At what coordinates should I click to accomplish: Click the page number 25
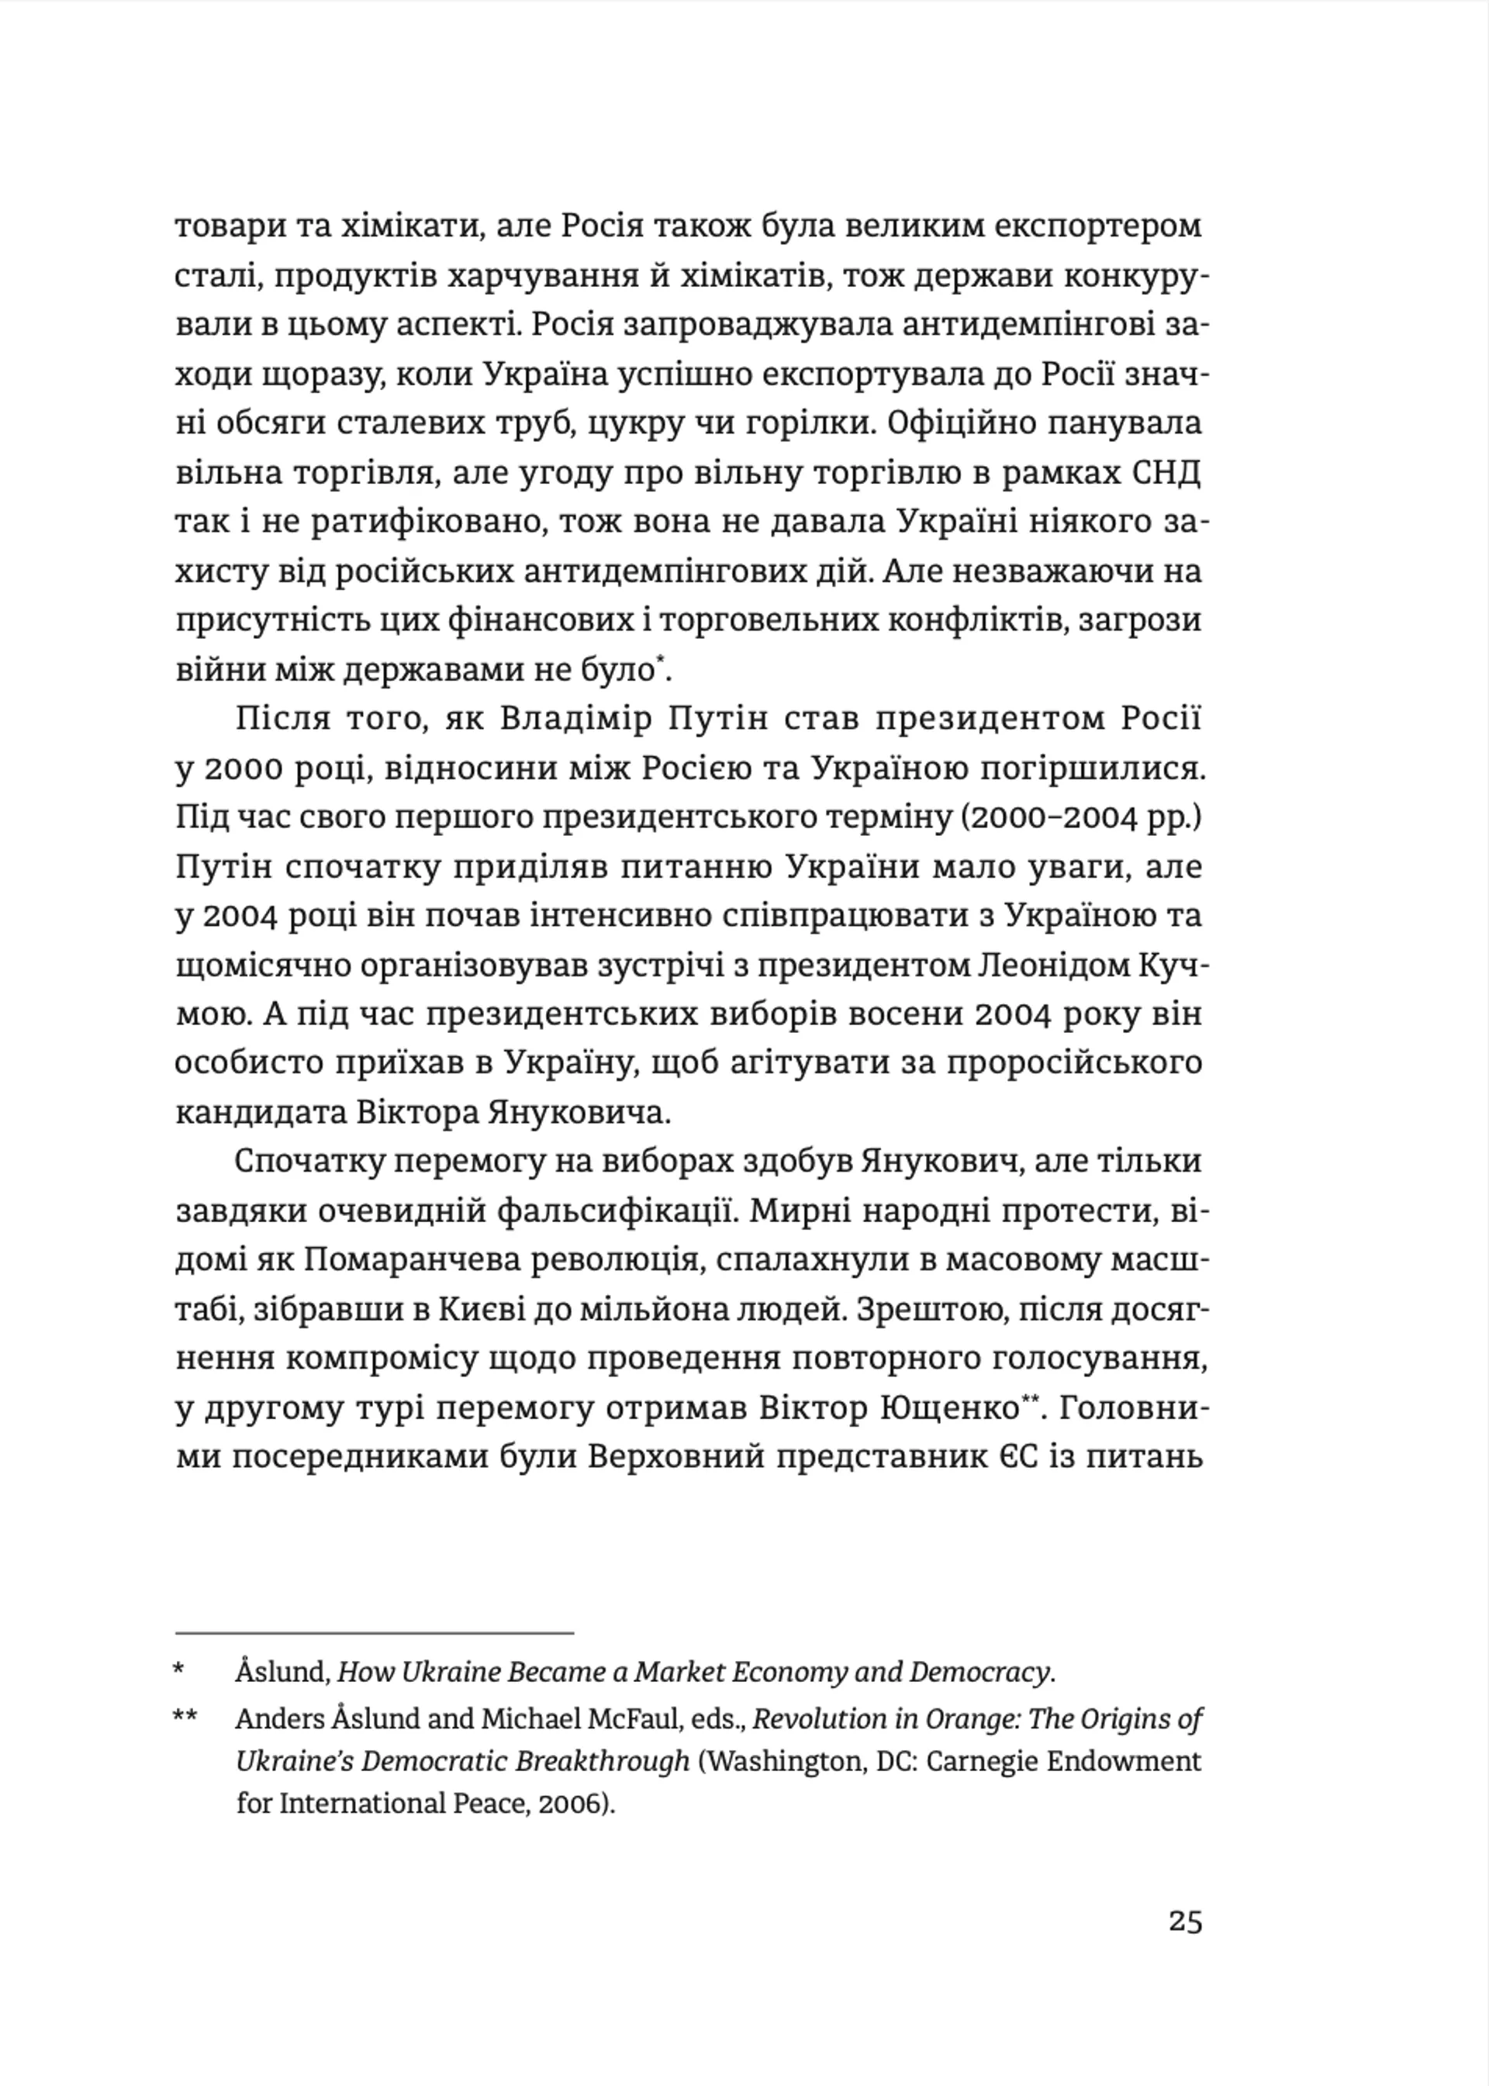(1183, 1921)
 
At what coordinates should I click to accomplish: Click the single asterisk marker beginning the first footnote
(180, 1673)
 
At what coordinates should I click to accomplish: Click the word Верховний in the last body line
(675, 1457)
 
